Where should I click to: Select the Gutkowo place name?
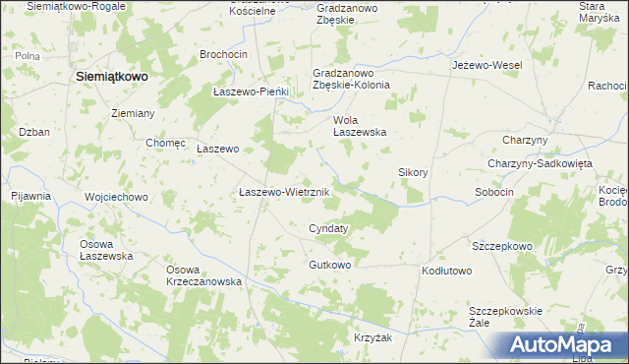point(329,266)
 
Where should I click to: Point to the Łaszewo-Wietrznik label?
point(276,193)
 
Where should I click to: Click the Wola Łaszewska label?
point(360,125)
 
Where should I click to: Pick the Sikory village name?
point(413,172)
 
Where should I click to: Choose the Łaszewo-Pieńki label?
point(252,91)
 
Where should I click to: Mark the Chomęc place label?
point(166,143)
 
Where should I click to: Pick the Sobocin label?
point(494,192)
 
